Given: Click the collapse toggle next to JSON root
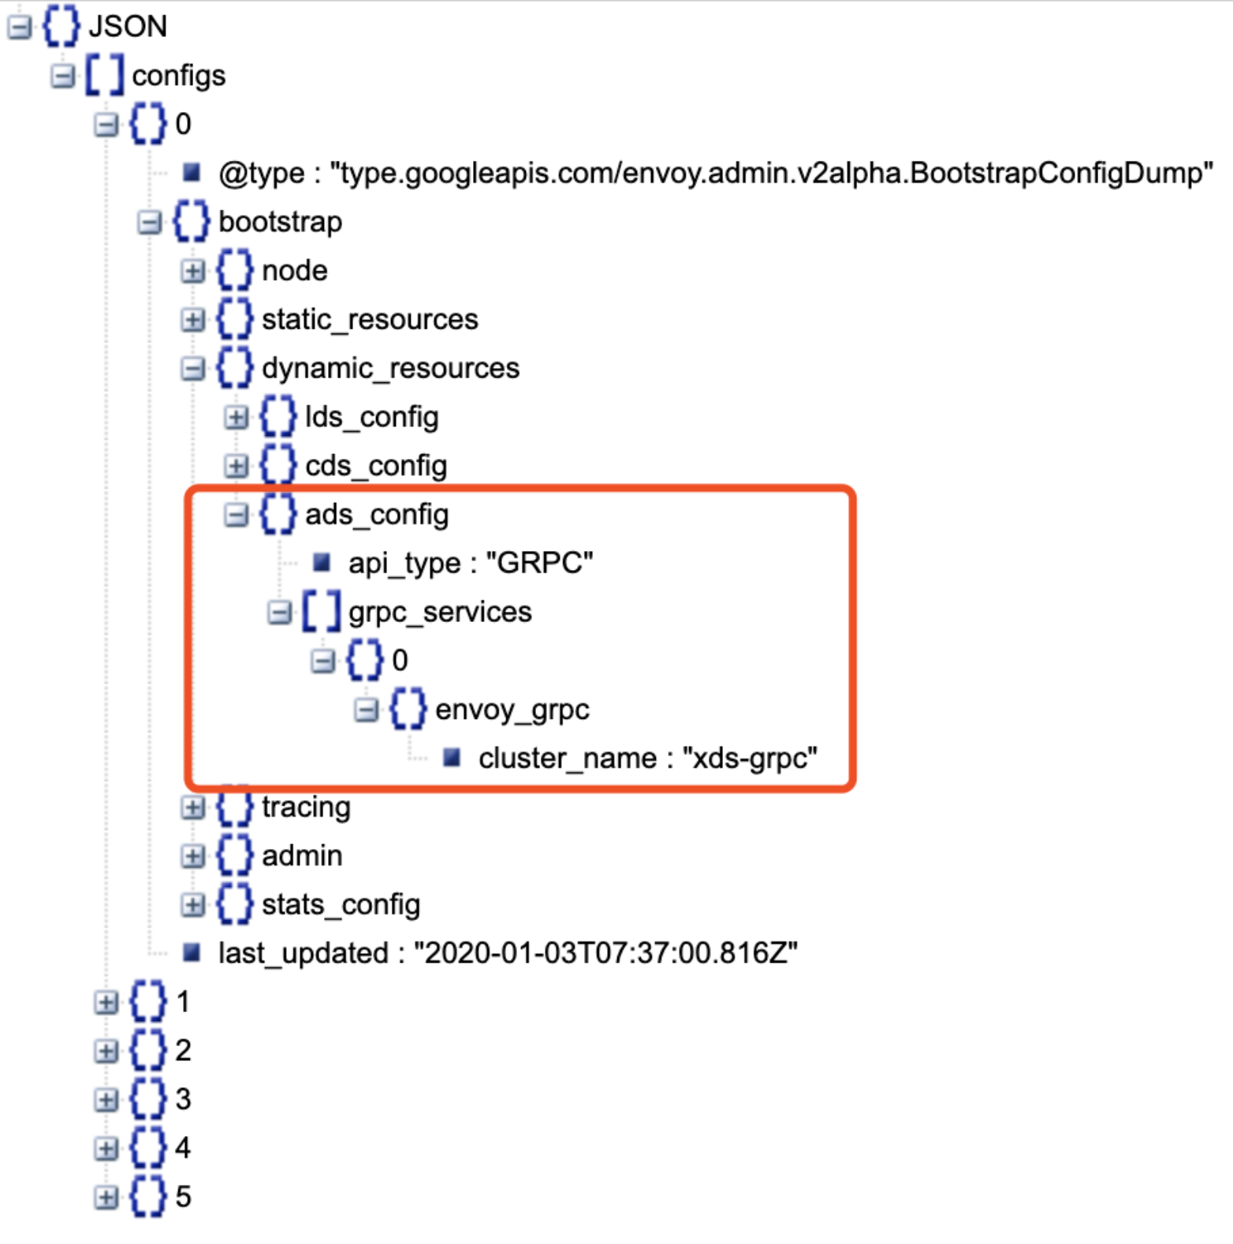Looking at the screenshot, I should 19,27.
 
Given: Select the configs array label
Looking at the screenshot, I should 178,76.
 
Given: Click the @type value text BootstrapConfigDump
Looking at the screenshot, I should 771,173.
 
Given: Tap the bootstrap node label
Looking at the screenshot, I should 280,222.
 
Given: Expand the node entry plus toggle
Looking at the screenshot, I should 192,271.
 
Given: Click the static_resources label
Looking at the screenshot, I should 370,319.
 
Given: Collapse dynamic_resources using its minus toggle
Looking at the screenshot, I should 192,368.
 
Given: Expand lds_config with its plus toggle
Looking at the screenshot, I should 236,417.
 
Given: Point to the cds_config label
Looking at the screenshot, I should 375,466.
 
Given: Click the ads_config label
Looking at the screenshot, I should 376,515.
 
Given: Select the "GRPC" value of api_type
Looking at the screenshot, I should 539,563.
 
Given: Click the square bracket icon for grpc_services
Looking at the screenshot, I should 322,612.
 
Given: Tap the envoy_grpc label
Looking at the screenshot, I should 512,710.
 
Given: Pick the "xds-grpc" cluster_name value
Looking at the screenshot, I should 749,758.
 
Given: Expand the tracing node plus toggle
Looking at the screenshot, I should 192,807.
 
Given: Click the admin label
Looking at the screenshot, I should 302,856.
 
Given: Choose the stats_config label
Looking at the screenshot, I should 341,904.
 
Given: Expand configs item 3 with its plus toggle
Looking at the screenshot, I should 106,1100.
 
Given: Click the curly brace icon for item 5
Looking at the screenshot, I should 148,1197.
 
